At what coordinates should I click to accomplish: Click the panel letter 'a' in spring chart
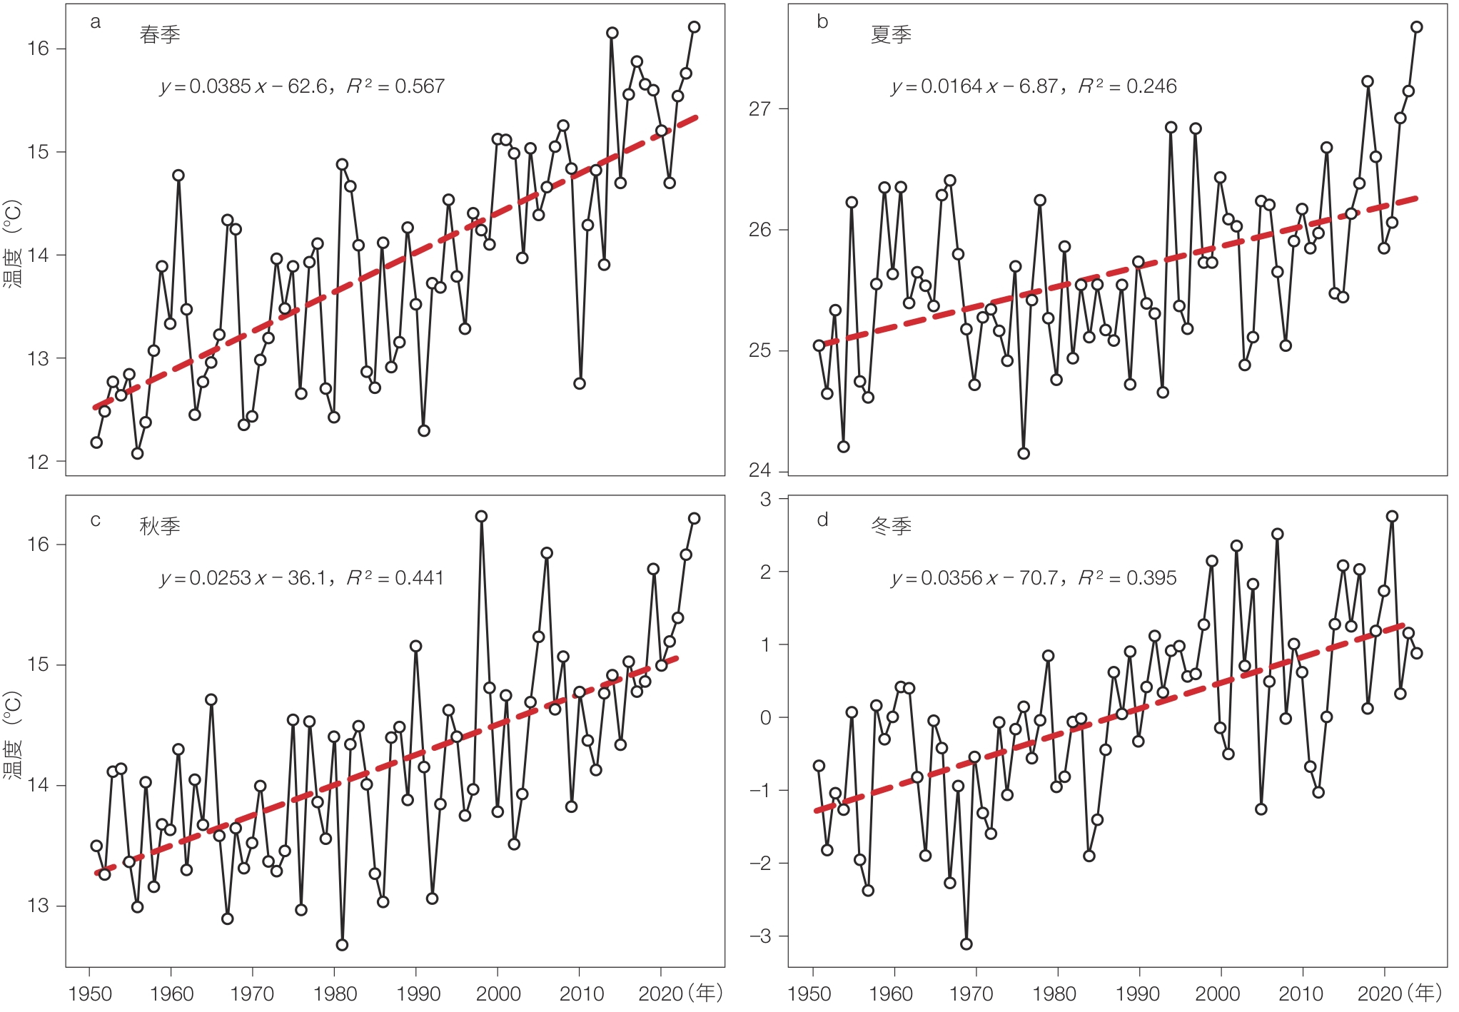point(95,23)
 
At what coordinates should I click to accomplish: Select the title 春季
point(160,34)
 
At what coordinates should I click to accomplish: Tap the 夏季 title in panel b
point(891,34)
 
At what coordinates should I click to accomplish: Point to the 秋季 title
point(160,526)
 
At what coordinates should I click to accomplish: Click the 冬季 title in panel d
point(891,526)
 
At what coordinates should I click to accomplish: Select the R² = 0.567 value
point(395,86)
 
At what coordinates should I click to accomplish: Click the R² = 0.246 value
point(1127,86)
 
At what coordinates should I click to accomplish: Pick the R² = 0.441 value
point(395,577)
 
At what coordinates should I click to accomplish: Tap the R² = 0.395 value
point(1127,577)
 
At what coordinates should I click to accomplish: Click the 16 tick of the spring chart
point(38,49)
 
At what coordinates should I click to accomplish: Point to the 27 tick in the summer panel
point(759,108)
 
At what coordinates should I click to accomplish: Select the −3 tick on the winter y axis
point(761,936)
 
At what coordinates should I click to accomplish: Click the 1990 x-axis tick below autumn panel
point(418,993)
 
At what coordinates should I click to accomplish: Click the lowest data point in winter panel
point(966,943)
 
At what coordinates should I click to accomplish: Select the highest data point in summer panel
point(1417,27)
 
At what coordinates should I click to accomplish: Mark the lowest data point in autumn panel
point(342,944)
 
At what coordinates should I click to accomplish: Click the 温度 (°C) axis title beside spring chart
point(13,243)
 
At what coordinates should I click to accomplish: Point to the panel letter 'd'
point(822,520)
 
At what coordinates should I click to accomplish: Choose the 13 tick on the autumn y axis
point(38,906)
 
